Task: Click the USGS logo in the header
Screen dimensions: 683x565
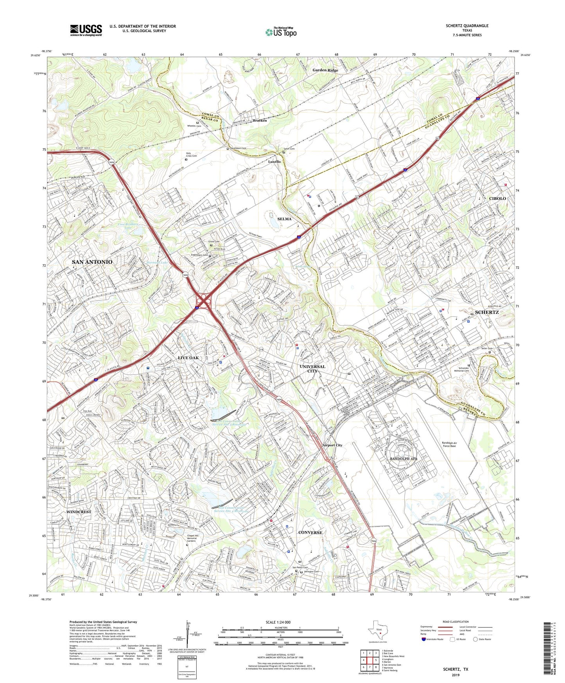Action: click(86, 30)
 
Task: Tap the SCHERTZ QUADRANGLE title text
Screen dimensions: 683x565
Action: click(467, 26)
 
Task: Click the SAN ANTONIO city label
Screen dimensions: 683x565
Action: click(92, 262)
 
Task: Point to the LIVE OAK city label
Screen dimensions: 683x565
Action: click(188, 358)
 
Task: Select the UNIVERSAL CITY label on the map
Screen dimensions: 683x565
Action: click(312, 369)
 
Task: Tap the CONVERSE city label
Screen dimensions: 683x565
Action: click(310, 532)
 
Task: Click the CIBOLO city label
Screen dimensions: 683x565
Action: click(497, 198)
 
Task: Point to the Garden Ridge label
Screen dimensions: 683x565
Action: click(325, 70)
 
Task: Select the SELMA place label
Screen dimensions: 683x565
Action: click(284, 219)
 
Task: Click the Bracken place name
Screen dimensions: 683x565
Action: click(260, 120)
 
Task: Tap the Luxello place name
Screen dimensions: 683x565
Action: click(274, 162)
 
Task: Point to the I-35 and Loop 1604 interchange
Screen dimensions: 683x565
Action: click(204, 301)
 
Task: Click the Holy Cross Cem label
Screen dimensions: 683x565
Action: click(191, 155)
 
